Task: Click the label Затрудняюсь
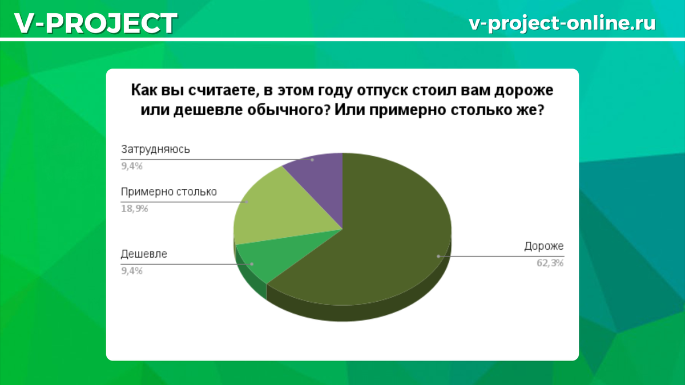click(155, 149)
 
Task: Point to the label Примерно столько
click(169, 192)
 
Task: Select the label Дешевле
click(144, 254)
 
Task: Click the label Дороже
click(543, 246)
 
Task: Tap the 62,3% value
click(550, 263)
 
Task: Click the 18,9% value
click(135, 209)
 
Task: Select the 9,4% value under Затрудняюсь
click(132, 166)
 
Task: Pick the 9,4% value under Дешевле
click(132, 271)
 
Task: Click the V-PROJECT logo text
click(96, 23)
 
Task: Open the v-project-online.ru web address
click(562, 23)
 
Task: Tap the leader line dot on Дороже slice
click(438, 256)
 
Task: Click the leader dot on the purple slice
click(312, 160)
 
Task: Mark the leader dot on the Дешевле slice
click(252, 264)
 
